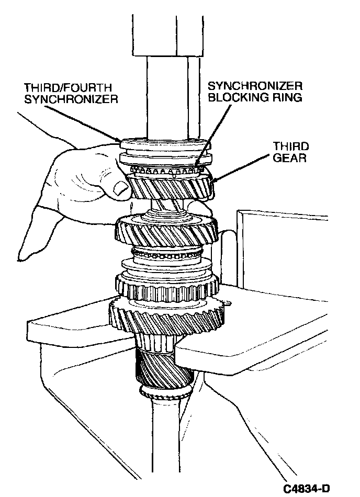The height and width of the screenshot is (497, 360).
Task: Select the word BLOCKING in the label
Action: point(235,97)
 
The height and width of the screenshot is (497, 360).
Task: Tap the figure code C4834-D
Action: point(306,489)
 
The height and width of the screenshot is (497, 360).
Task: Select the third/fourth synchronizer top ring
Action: point(165,144)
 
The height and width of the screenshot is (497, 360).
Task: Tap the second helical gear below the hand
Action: point(166,231)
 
